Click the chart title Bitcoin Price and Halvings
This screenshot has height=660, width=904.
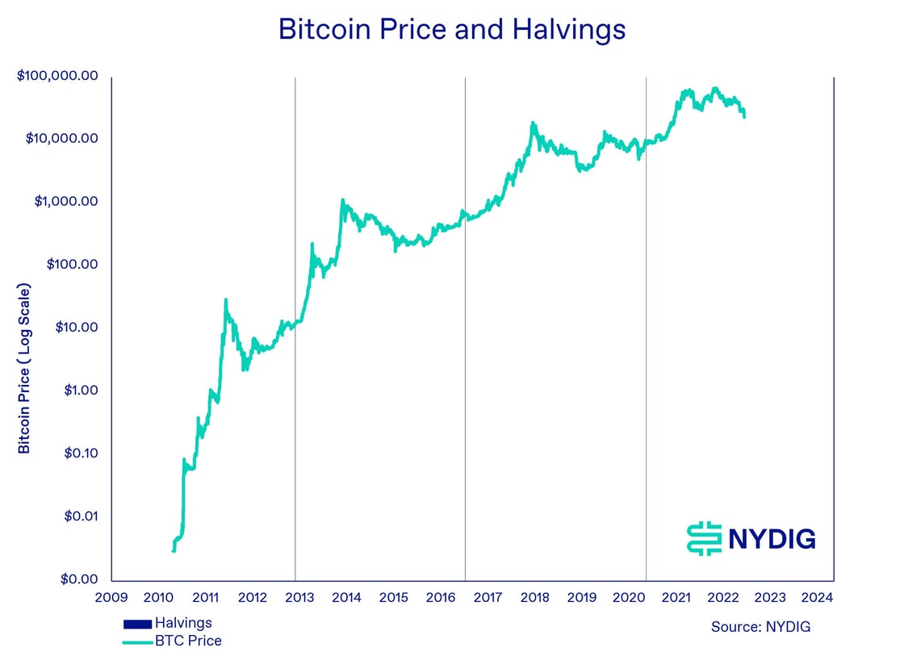(x=451, y=30)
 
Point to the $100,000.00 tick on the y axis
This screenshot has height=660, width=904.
(x=57, y=76)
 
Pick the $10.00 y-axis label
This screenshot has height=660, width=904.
(x=76, y=328)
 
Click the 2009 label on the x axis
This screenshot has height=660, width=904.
(x=111, y=598)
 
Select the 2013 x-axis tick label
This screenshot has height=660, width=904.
(x=299, y=598)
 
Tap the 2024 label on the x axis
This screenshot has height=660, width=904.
(x=818, y=598)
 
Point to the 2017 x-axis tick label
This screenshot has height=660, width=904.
(x=488, y=598)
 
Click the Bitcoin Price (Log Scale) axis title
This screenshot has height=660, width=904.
(x=24, y=368)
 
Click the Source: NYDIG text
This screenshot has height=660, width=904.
(x=760, y=627)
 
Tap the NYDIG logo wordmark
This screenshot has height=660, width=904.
(x=772, y=538)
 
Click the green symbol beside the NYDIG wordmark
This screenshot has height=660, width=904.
(x=703, y=538)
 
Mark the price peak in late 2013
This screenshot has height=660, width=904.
(x=342, y=200)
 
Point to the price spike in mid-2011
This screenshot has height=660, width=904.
(x=226, y=300)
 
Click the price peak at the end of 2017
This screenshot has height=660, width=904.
(x=533, y=123)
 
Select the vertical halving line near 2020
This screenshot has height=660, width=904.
(x=647, y=323)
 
